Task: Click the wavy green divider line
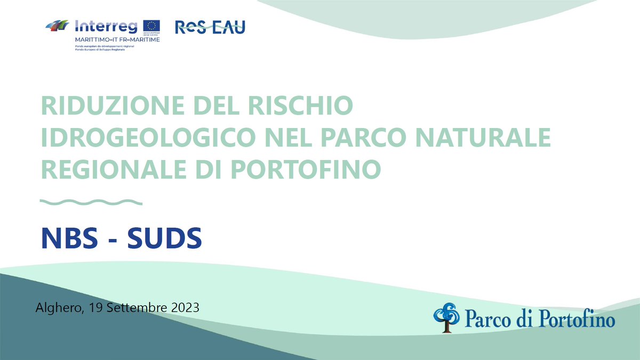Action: (x=92, y=202)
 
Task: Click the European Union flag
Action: (x=151, y=26)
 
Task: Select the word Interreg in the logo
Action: (x=107, y=26)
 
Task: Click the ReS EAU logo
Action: (x=210, y=27)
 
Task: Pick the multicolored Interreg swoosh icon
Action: (x=57, y=25)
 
